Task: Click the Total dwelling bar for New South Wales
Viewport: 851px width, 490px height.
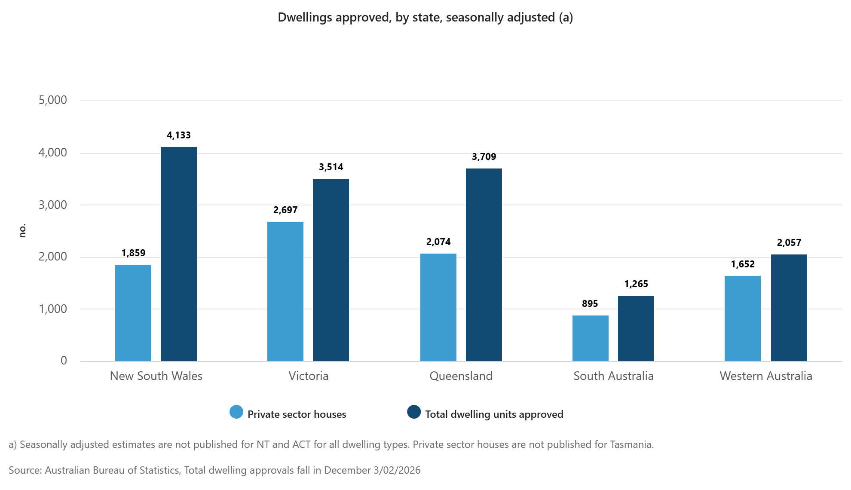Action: [x=179, y=254]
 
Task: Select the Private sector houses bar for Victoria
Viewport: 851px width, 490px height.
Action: [x=285, y=291]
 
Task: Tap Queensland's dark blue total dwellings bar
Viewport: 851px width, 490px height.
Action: [x=484, y=264]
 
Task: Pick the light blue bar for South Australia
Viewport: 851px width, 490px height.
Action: [x=591, y=338]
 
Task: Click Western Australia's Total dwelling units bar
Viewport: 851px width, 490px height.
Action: [x=789, y=307]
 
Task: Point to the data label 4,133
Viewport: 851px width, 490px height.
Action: [x=179, y=135]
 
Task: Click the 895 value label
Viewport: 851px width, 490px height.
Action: [x=590, y=304]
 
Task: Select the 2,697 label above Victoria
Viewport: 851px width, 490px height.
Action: [x=285, y=210]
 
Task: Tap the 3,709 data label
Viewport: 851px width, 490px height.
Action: [x=484, y=157]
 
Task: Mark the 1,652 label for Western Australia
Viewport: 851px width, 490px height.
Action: [x=743, y=264]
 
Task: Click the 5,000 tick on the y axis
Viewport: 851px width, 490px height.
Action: [x=53, y=100]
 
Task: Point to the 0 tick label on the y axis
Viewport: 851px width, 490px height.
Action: [x=64, y=361]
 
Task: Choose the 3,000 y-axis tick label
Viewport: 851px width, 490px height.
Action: [x=53, y=205]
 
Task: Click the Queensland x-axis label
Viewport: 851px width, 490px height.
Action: [x=461, y=376]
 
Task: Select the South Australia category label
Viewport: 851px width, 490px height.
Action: [x=613, y=376]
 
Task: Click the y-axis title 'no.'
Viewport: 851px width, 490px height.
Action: [x=22, y=230]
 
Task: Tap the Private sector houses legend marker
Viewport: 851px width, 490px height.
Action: [x=236, y=412]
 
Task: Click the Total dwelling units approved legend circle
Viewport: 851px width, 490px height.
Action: [x=414, y=412]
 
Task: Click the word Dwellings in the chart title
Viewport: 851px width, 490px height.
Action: [x=305, y=18]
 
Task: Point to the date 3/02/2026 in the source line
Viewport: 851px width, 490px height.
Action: [x=397, y=470]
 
